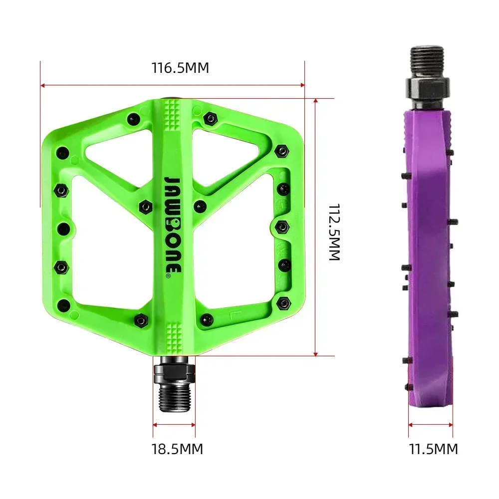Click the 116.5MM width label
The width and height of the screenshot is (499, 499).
pyautogui.click(x=180, y=68)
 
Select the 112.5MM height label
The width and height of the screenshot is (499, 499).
pyautogui.click(x=333, y=232)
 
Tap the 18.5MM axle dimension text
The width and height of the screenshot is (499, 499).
pyautogui.click(x=177, y=449)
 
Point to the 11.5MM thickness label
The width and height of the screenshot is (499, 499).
pyautogui.click(x=433, y=449)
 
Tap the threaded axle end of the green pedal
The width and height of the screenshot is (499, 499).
pyautogui.click(x=174, y=396)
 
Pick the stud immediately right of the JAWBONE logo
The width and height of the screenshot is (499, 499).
pyautogui.click(x=200, y=206)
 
